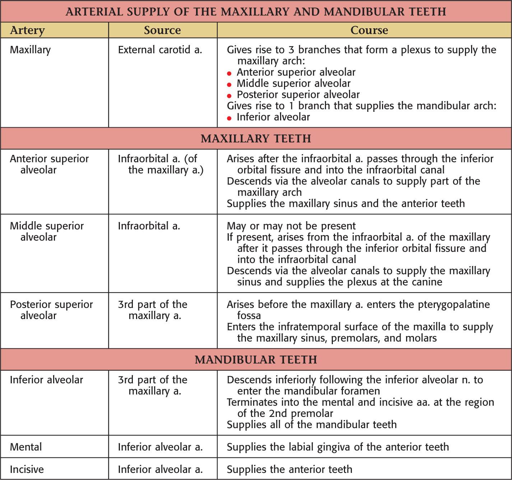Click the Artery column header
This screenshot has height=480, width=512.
[28, 30]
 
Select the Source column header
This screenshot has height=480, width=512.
[162, 30]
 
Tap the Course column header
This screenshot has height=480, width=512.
[369, 30]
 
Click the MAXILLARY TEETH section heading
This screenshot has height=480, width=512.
[256, 139]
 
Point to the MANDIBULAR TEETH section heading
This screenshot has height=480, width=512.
[256, 360]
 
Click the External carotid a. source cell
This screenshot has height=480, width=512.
[160, 50]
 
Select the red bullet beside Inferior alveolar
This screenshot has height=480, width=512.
[229, 118]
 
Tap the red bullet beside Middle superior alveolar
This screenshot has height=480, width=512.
[229, 85]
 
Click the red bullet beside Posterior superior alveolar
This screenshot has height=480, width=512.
[229, 96]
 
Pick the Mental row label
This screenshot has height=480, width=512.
[26, 447]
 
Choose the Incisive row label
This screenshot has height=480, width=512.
[27, 469]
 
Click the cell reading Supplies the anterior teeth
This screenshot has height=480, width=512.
[289, 469]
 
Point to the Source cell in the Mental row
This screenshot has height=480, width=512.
[160, 447]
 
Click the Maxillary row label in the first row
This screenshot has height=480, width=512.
[30, 50]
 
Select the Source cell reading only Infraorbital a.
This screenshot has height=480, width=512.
[149, 226]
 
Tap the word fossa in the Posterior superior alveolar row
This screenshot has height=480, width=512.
[249, 315]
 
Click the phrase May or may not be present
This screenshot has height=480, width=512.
[291, 226]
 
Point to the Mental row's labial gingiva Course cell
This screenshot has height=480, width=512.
[338, 447]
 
